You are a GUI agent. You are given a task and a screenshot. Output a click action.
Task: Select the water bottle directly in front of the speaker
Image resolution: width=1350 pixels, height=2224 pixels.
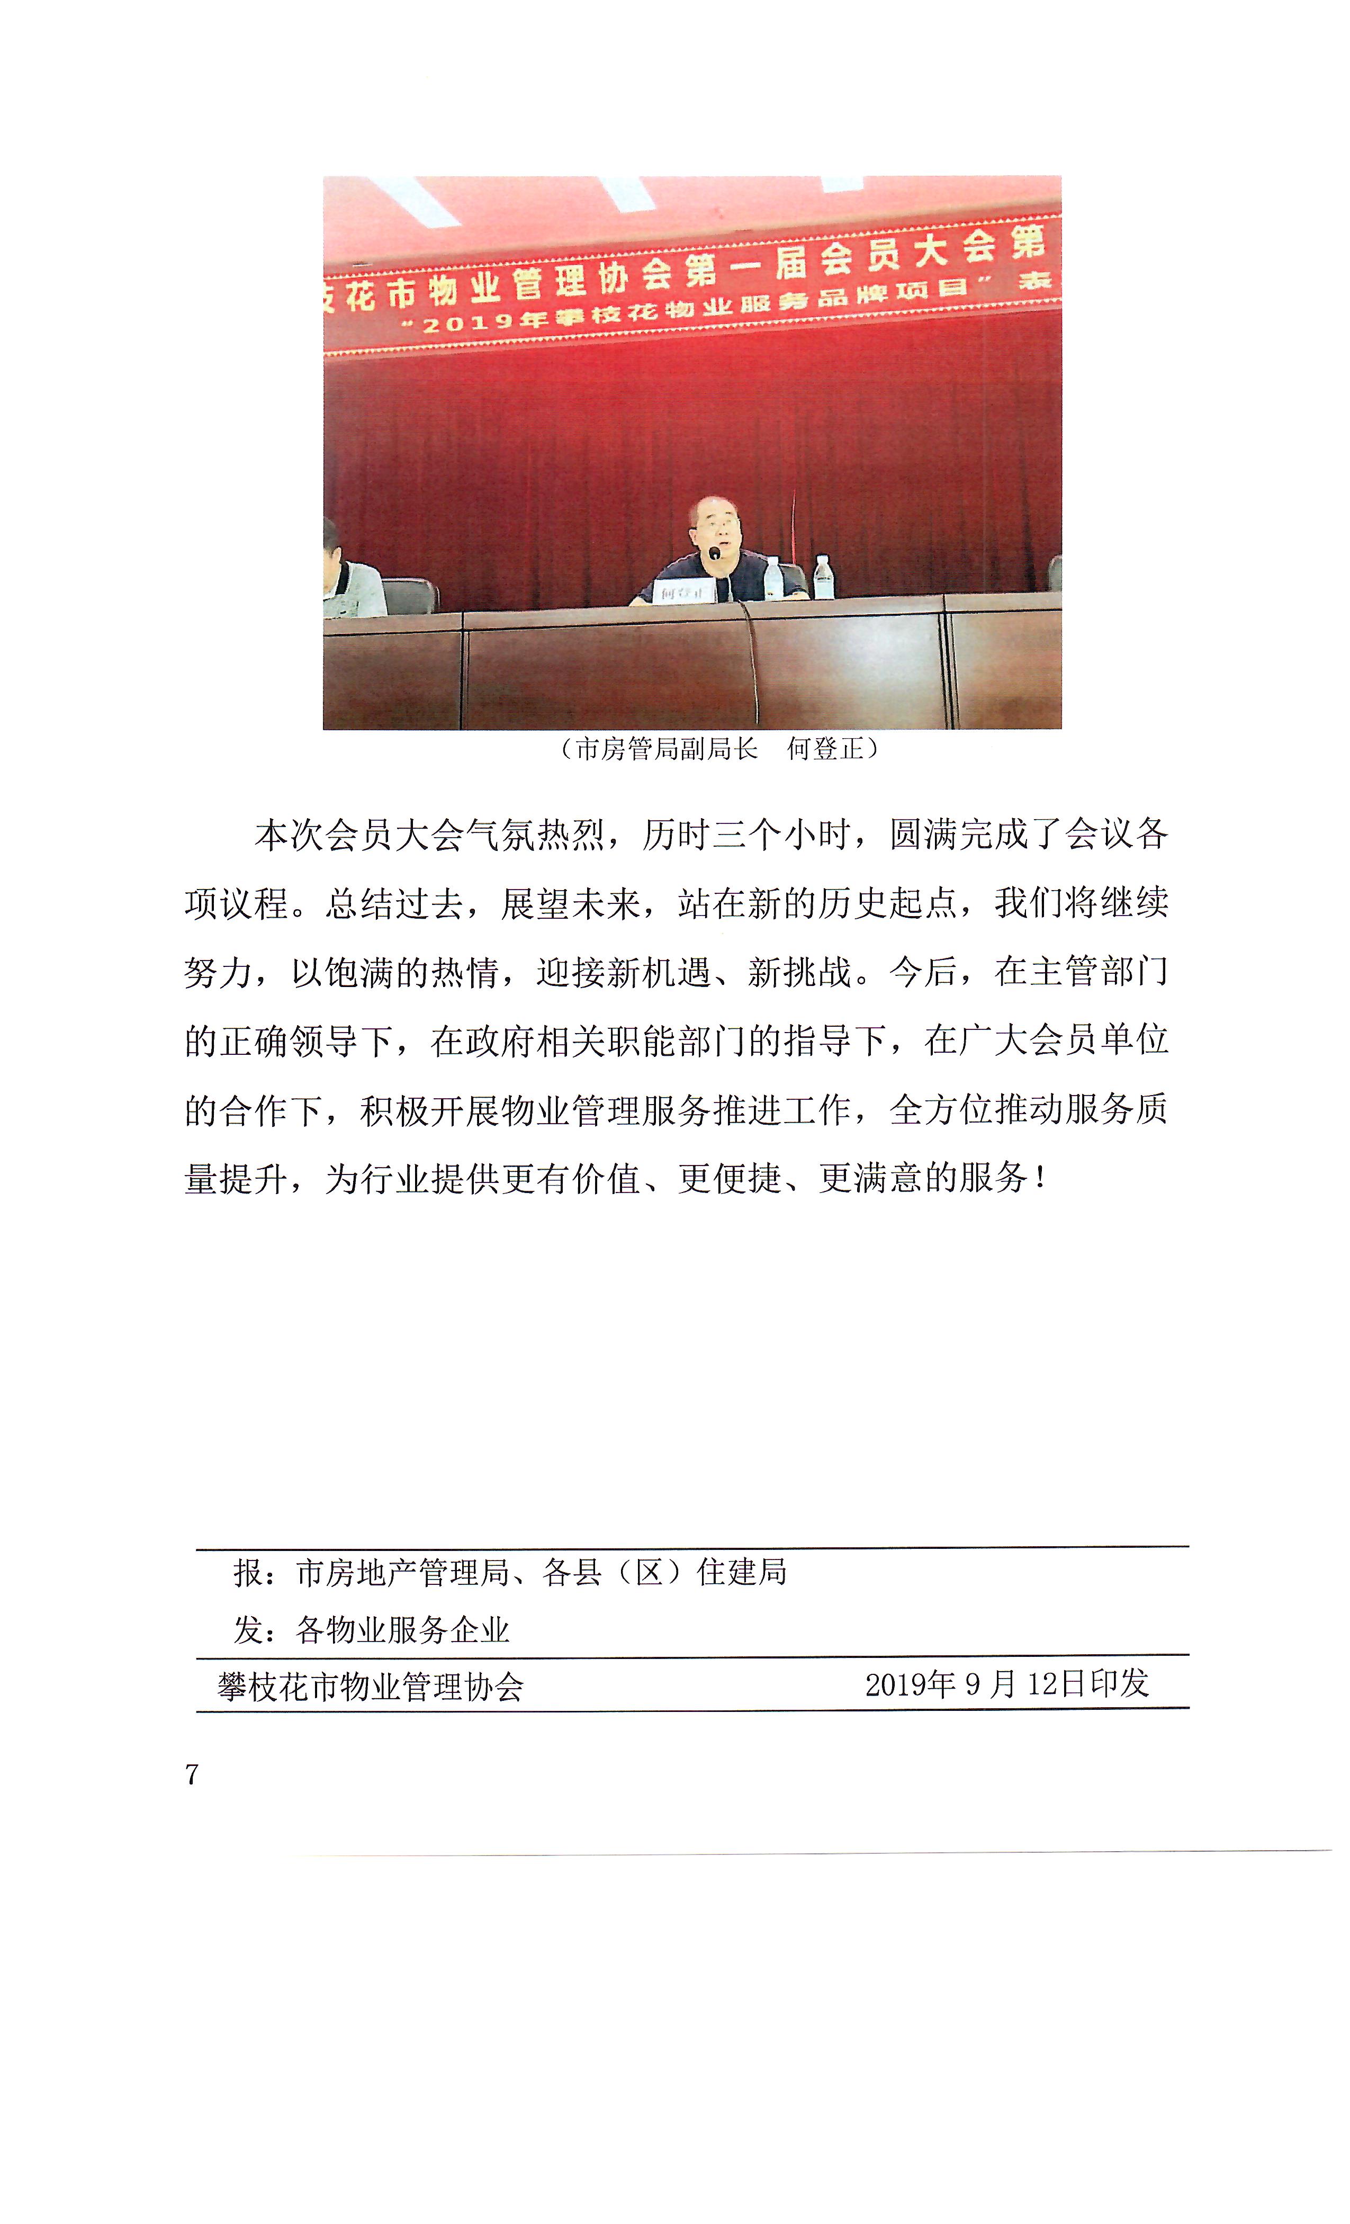[x=772, y=578]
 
